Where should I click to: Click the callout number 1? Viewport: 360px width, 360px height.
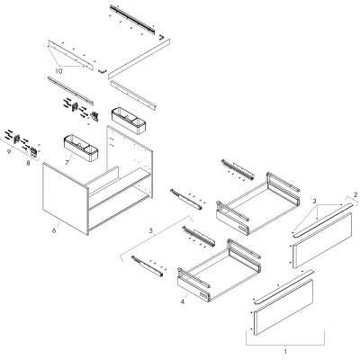coord(285,351)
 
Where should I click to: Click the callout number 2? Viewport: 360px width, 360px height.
coord(355,194)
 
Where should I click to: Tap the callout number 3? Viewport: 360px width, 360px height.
coord(314,201)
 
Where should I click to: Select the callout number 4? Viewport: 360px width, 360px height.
coord(183,301)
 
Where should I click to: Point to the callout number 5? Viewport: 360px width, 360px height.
coord(151,230)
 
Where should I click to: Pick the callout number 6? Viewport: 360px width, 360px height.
coord(54,230)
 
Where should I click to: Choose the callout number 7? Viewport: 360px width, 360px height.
coord(67,162)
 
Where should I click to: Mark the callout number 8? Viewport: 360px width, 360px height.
coord(28,163)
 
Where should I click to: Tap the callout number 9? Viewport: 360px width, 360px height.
coord(9,152)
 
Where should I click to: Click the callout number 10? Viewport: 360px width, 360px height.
coord(58,71)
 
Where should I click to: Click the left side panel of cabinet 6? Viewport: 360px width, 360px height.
coord(66,199)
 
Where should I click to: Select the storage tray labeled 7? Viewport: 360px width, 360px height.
coord(81,148)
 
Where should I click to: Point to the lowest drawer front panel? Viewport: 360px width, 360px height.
coord(283,307)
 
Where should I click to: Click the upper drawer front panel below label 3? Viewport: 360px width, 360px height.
coord(322,240)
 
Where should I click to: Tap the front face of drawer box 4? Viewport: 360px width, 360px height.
coord(193,289)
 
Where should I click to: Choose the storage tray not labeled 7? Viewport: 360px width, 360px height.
coord(129,121)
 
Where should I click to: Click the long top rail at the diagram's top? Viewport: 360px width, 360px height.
coord(132,19)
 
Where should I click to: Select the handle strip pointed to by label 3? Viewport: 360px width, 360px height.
coord(322,220)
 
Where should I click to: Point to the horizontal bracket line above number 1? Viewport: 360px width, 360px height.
coord(285,345)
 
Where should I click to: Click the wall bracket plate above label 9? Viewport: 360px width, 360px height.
coord(17,139)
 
